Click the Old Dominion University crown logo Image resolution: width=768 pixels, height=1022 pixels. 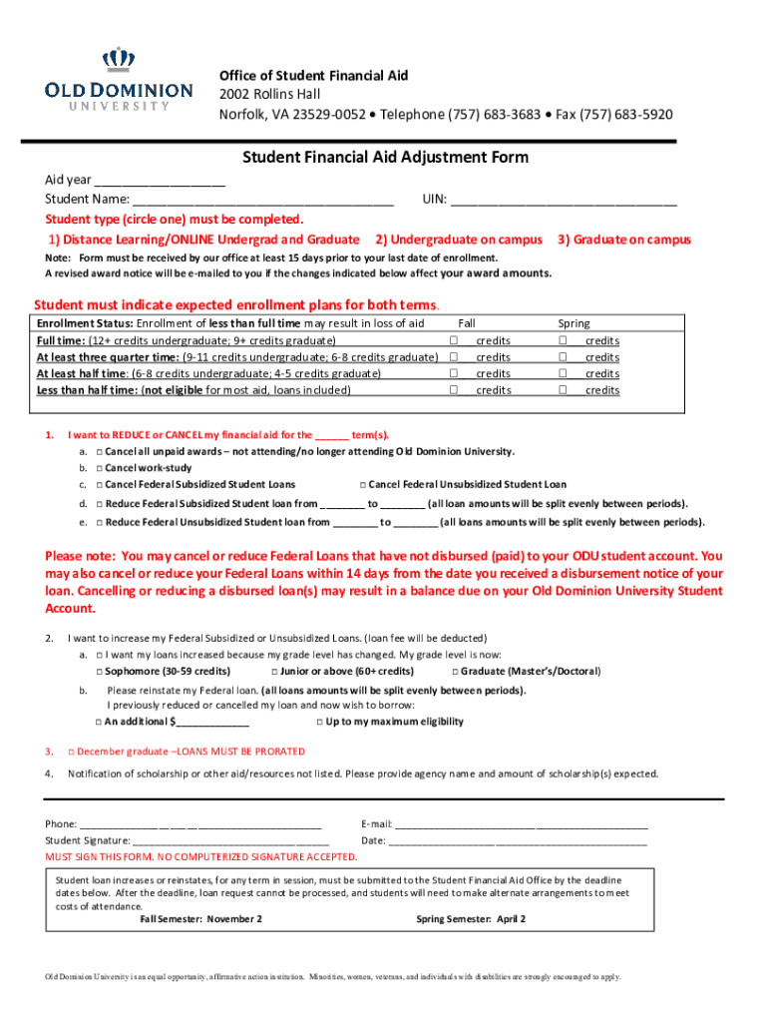pyautogui.click(x=119, y=61)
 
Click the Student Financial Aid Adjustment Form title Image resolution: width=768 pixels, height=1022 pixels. pyautogui.click(x=386, y=158)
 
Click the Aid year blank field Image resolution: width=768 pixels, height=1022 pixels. pyautogui.click(x=160, y=181)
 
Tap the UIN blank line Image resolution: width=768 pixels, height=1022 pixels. pyautogui.click(x=564, y=200)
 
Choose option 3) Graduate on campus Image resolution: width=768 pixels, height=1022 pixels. pyautogui.click(x=623, y=240)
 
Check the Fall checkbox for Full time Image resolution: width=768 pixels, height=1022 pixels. pyautogui.click(x=454, y=341)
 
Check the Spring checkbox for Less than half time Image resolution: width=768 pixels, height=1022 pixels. pyautogui.click(x=563, y=390)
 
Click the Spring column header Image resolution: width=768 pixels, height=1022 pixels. pyautogui.click(x=574, y=323)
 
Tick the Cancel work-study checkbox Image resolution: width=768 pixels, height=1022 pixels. pyautogui.click(x=100, y=468)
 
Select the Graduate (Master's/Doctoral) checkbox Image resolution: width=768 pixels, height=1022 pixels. pyautogui.click(x=455, y=672)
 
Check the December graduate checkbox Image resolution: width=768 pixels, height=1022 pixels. pyautogui.click(x=71, y=752)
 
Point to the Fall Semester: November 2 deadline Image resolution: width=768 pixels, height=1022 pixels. pyautogui.click(x=201, y=918)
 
